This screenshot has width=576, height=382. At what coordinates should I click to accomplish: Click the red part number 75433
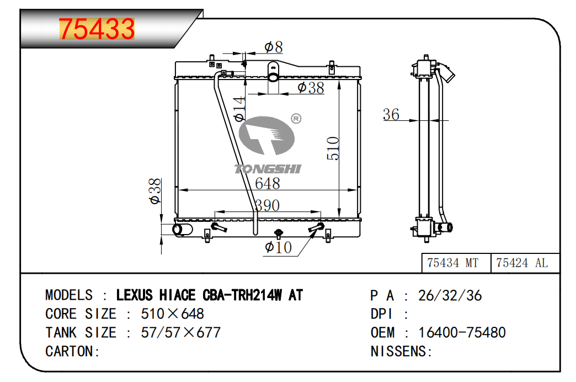[97, 29]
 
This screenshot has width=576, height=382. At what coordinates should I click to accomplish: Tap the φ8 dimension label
[274, 47]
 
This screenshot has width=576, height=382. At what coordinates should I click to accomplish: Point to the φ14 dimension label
[239, 109]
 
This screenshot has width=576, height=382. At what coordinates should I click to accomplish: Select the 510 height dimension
[333, 148]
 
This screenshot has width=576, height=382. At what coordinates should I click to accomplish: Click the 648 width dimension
[268, 183]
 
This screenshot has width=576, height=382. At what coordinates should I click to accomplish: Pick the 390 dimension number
[268, 205]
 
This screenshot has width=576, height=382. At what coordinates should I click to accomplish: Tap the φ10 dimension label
[278, 247]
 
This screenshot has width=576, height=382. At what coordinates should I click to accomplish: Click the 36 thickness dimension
[391, 114]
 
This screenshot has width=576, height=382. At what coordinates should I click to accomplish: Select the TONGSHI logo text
[268, 169]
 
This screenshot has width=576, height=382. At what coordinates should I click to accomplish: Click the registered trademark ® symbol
[296, 118]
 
